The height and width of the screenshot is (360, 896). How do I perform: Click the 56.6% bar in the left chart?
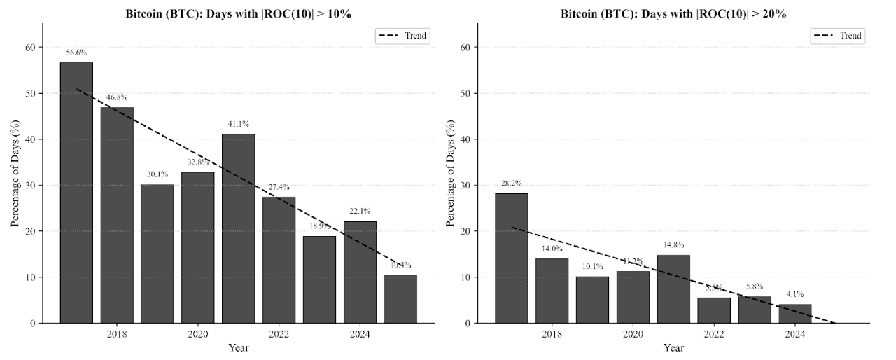(76, 193)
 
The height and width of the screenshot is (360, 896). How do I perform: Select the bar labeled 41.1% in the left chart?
(239, 228)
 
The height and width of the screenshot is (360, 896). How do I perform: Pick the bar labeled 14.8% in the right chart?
(673, 289)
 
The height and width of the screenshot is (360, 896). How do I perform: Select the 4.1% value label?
(795, 294)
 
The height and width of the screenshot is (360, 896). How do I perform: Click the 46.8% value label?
(117, 97)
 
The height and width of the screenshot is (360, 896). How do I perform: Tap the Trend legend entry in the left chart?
(402, 35)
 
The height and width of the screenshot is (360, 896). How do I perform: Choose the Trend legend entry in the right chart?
(838, 35)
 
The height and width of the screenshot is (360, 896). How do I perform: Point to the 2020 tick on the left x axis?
(198, 335)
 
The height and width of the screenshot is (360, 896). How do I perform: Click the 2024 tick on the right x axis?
(795, 335)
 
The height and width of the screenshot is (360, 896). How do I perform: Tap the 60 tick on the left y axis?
(30, 48)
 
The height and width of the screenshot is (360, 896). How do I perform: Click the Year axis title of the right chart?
(673, 347)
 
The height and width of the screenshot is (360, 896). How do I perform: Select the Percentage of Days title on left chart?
(15, 173)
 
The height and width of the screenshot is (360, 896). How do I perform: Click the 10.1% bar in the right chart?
(592, 300)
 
